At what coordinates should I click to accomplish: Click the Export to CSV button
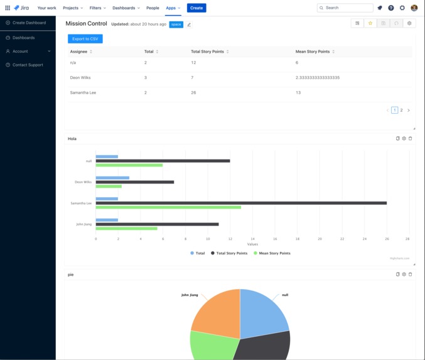pos(85,39)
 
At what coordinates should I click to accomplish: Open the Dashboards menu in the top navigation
pos(126,8)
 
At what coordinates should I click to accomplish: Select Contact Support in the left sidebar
pos(28,65)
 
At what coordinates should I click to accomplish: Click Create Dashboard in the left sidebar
pos(29,23)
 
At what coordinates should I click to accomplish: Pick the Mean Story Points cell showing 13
pos(298,92)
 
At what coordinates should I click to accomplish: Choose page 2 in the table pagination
pos(402,110)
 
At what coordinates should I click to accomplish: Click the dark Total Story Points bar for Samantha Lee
pos(241,203)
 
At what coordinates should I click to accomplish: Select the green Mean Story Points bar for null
pos(129,165)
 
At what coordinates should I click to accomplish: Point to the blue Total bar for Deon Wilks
pos(112,178)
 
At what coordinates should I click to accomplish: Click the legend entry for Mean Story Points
pos(272,253)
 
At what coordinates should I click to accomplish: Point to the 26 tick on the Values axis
pos(387,239)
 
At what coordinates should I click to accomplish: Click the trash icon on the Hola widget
pos(411,138)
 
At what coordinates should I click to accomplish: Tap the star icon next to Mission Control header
pos(370,23)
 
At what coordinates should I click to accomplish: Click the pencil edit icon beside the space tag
pos(189,25)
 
